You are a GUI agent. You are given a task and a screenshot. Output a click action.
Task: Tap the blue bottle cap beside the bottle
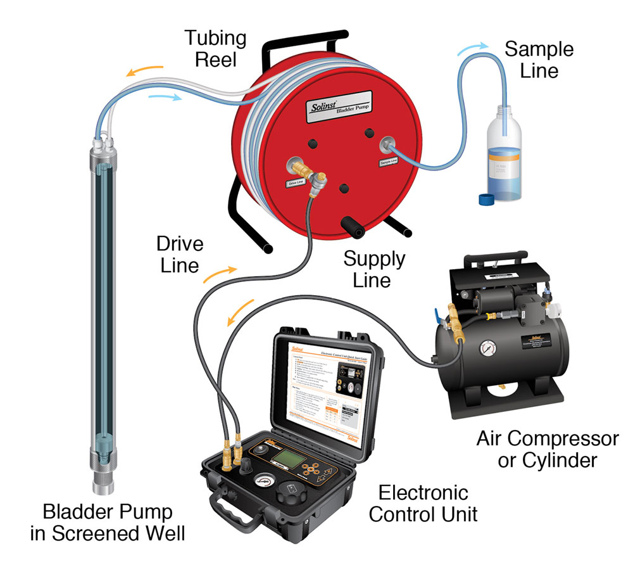[x=485, y=199]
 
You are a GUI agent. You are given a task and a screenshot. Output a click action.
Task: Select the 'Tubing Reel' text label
[x=215, y=49]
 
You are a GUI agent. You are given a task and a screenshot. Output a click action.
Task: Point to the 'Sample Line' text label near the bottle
[x=539, y=60]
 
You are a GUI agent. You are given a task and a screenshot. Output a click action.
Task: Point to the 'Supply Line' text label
[x=374, y=269]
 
